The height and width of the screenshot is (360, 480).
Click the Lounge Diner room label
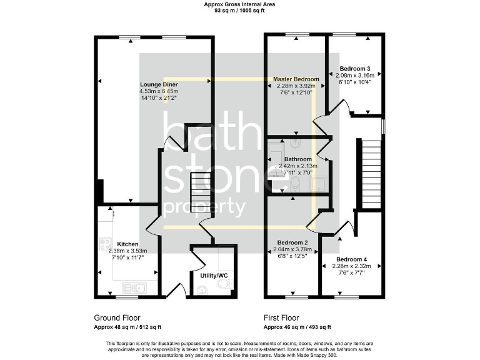tap(159, 84)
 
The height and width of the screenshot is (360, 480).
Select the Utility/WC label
tap(212, 275)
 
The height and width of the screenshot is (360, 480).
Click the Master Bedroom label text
tap(296, 79)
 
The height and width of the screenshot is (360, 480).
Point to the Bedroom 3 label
tap(355, 69)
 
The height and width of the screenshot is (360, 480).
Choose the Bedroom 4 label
tap(351, 259)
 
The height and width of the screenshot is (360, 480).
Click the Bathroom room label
tap(297, 159)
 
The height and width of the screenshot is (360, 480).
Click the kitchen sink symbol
tap(134, 287)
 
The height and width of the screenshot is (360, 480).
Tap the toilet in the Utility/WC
tap(202, 289)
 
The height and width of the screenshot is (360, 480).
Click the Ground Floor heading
tap(117, 317)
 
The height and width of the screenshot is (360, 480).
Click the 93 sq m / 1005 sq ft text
tap(239, 11)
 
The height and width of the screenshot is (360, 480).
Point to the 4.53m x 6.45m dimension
tap(159, 91)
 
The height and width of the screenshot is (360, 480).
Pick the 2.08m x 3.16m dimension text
tap(355, 76)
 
